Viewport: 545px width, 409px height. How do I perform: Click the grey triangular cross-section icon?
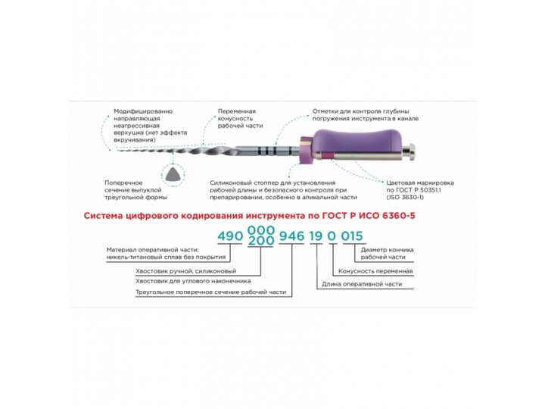pos(173,173)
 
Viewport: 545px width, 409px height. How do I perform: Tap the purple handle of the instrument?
pos(358,142)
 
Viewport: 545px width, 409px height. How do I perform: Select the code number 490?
pos(230,236)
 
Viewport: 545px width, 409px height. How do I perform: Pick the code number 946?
pos(291,236)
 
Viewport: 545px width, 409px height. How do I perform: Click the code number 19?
pos(316,236)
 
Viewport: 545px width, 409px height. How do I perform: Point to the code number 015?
pos(352,236)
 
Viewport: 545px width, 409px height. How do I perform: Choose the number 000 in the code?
pos(260,230)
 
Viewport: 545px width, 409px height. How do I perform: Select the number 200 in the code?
pos(260,241)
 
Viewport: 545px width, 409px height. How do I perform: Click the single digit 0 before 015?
pos(332,236)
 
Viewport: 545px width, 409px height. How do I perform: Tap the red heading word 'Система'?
pos(103,216)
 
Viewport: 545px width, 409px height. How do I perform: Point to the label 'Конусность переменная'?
pos(375,271)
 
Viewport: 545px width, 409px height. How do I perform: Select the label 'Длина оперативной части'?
pos(362,284)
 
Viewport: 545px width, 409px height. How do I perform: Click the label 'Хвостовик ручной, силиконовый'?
pos(186,271)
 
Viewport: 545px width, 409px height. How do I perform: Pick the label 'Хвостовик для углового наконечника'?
pos(193,281)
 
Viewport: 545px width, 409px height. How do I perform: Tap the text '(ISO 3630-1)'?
pos(405,197)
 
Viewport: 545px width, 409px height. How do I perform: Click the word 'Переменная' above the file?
pos(237,111)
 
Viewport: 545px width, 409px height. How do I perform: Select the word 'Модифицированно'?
pos(143,111)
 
